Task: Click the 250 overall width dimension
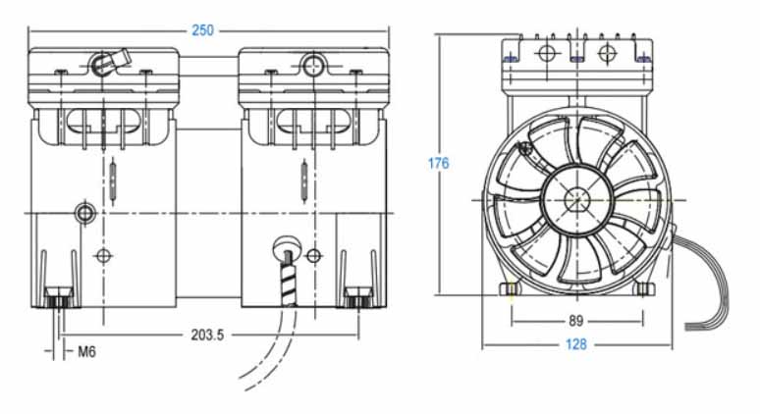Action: [x=202, y=30]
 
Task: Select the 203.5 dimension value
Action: [x=207, y=334]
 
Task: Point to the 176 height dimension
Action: [x=438, y=163]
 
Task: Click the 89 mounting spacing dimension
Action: [x=576, y=320]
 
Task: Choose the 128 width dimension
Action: [x=576, y=345]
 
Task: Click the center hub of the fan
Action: [x=576, y=198]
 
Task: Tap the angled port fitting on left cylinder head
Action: [x=106, y=64]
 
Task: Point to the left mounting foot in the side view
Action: [x=58, y=294]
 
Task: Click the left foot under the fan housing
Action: [x=510, y=289]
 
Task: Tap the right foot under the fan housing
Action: [x=642, y=288]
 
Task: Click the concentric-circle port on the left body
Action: [x=85, y=212]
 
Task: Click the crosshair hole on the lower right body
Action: [x=313, y=256]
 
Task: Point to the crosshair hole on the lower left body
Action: [x=103, y=256]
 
